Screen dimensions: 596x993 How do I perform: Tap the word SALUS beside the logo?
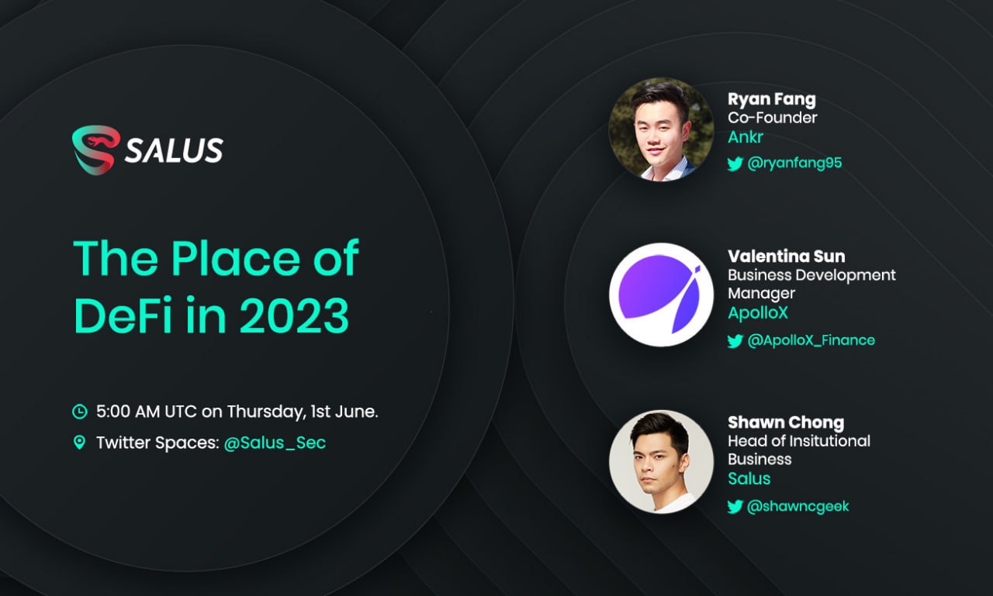(174, 150)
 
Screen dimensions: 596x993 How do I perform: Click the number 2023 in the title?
(294, 315)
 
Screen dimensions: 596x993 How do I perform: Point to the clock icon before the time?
(79, 412)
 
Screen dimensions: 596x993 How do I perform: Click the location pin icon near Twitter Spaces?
(79, 443)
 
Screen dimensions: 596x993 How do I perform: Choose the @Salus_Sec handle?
(275, 443)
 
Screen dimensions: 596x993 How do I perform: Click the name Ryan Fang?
(771, 99)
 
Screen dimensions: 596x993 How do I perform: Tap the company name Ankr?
(746, 137)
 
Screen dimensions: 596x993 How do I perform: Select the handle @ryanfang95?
(794, 163)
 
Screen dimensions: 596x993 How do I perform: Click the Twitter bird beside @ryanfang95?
(735, 164)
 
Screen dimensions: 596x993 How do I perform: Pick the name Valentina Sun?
(786, 256)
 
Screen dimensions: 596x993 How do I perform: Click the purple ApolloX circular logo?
(661, 295)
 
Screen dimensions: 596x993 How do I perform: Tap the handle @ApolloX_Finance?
(811, 340)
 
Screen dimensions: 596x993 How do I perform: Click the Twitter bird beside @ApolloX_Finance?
(735, 341)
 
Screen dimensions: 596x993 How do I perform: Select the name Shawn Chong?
(785, 422)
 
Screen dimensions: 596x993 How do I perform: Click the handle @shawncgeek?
(798, 506)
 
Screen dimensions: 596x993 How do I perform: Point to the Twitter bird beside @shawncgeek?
(735, 507)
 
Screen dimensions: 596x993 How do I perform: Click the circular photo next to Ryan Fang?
(661, 129)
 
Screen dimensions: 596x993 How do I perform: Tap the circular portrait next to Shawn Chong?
(661, 461)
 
